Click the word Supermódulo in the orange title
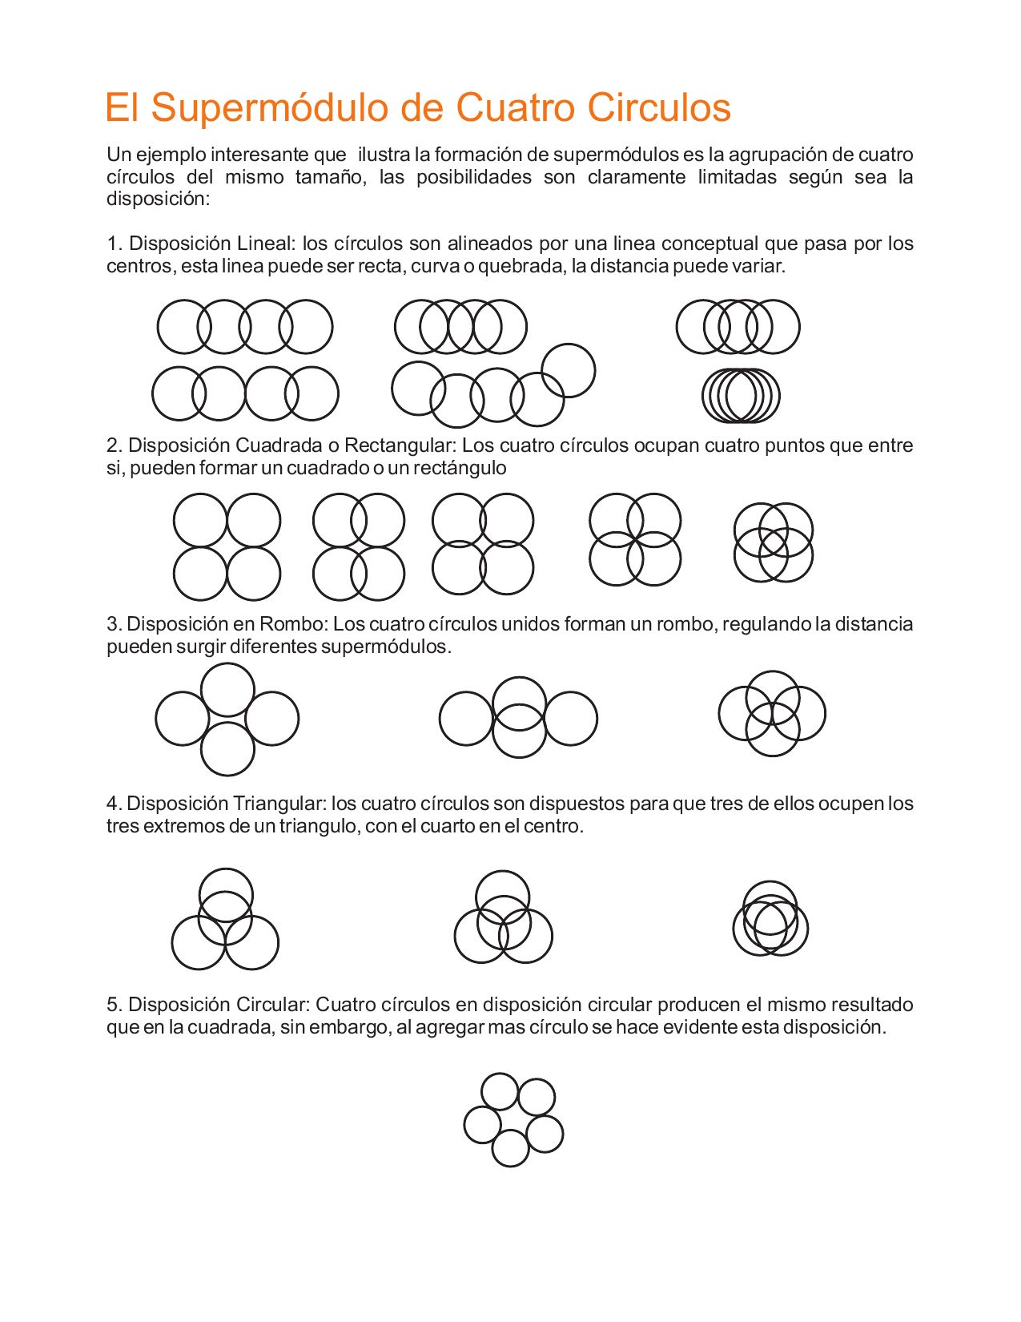coord(272,108)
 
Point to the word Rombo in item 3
coord(293,624)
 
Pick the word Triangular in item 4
coord(279,804)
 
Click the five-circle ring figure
coord(513,1120)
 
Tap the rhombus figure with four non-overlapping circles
coord(227,719)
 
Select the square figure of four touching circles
coord(227,547)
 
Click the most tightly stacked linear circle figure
coord(741,396)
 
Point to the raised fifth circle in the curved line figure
coord(569,370)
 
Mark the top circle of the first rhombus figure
coord(227,690)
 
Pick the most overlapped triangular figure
coord(770,918)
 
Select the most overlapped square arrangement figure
coord(774,542)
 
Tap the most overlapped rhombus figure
coord(772,714)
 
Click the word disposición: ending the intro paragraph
coord(158,200)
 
